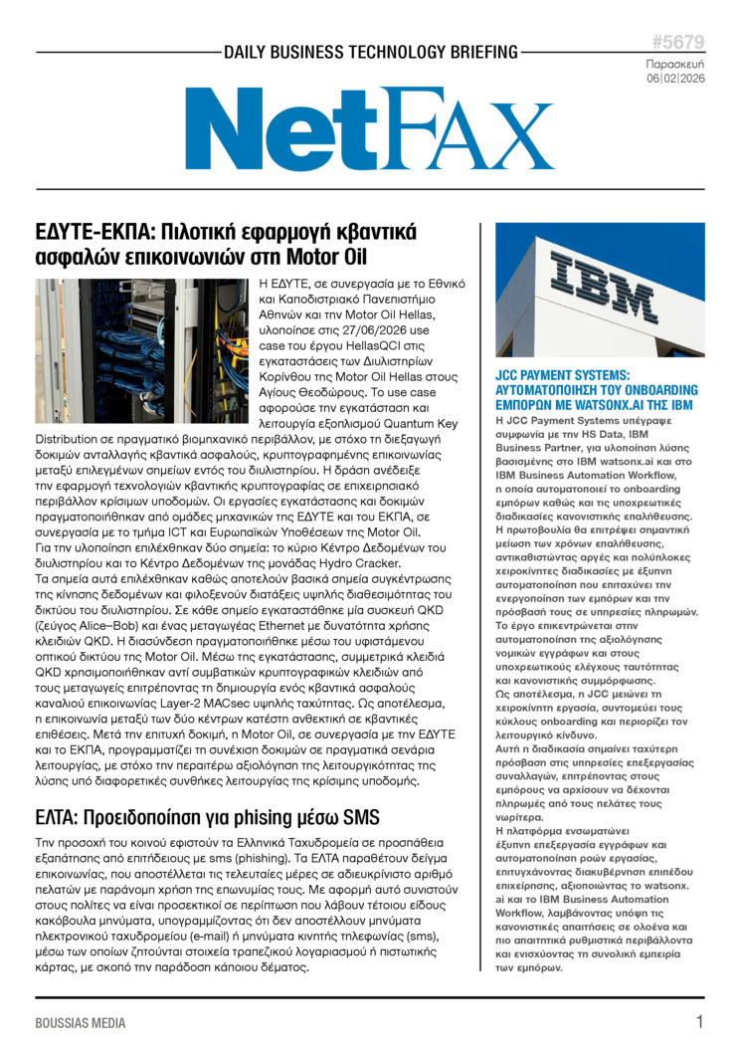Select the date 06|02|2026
click(x=675, y=78)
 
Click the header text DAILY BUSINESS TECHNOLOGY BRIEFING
click(x=370, y=52)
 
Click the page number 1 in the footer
click(x=699, y=1022)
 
